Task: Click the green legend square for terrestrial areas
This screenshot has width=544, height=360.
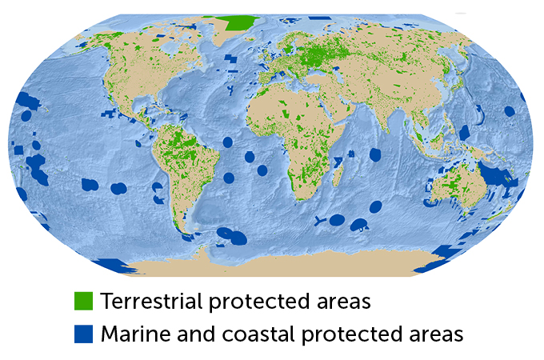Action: pyautogui.click(x=84, y=302)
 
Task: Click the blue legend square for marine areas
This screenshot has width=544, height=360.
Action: pyautogui.click(x=84, y=333)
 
